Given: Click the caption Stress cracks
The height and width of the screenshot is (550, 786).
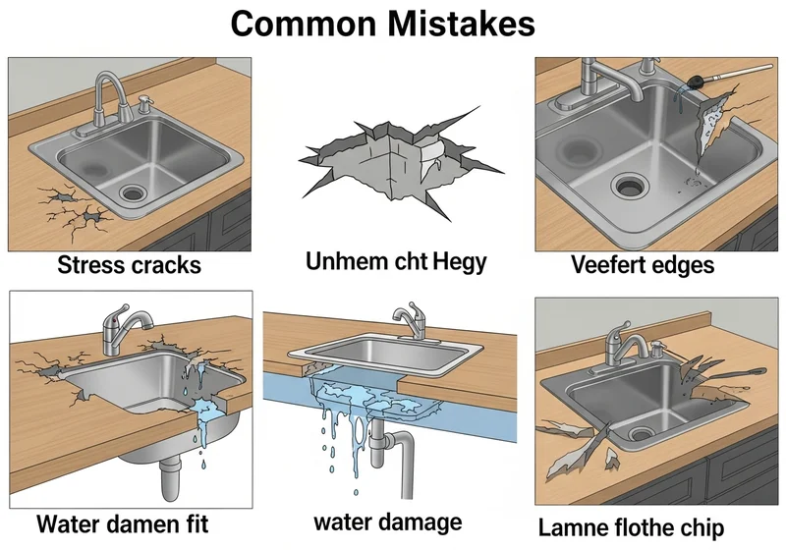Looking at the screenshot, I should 129,265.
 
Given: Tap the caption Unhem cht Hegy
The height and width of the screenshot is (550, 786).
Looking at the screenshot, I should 394,262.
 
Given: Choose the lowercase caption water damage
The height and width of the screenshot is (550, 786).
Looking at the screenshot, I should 390,520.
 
